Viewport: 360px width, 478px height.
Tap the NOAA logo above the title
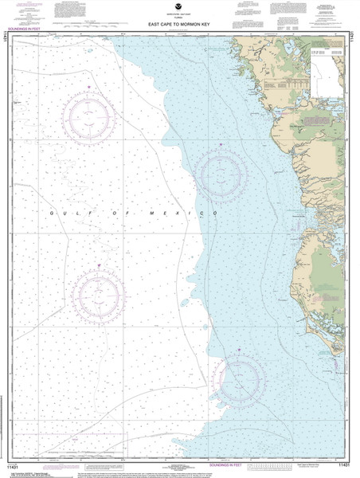178,7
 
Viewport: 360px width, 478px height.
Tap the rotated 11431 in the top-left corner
6,37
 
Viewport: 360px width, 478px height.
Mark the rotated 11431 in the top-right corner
353,35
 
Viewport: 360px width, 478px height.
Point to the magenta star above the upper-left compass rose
88,86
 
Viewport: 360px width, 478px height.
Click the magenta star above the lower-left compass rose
98,265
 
